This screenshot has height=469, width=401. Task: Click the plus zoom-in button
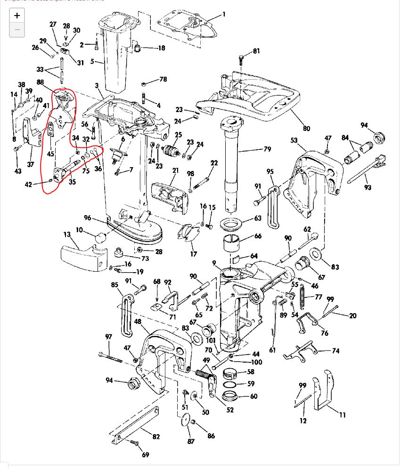click(17, 16)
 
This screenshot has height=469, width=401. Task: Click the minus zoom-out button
click(17, 30)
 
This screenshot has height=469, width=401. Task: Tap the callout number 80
click(307, 128)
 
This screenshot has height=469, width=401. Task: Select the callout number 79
click(267, 150)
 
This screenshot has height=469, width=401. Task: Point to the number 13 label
click(67, 234)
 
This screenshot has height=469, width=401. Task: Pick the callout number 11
click(342, 415)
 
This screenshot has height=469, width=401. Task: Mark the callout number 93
click(368, 187)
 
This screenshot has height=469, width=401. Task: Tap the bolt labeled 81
click(241, 60)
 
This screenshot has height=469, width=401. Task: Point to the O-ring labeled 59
click(230, 385)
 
